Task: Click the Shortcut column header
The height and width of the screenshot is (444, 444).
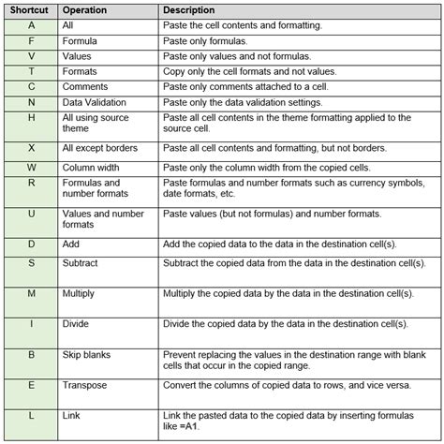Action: [x=31, y=9]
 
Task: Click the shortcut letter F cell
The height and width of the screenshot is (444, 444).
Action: [x=31, y=41]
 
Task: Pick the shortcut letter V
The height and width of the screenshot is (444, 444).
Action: [x=31, y=56]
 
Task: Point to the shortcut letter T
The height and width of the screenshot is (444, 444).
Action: [x=31, y=71]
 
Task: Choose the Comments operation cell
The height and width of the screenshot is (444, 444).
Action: [x=87, y=86]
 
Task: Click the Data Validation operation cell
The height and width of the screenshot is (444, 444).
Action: [x=97, y=101]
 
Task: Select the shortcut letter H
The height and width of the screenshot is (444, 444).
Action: [x=31, y=117]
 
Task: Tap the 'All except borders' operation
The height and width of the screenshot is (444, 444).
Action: [x=100, y=148]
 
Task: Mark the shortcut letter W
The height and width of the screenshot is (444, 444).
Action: [x=31, y=168]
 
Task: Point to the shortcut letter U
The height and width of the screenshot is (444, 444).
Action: [x=31, y=214]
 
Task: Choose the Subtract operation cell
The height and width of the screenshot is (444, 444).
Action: [x=81, y=264]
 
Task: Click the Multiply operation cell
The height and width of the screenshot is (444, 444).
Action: [x=80, y=294]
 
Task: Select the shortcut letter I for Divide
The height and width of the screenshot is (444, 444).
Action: [x=31, y=324]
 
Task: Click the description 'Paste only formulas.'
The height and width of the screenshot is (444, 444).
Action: [x=204, y=41]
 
